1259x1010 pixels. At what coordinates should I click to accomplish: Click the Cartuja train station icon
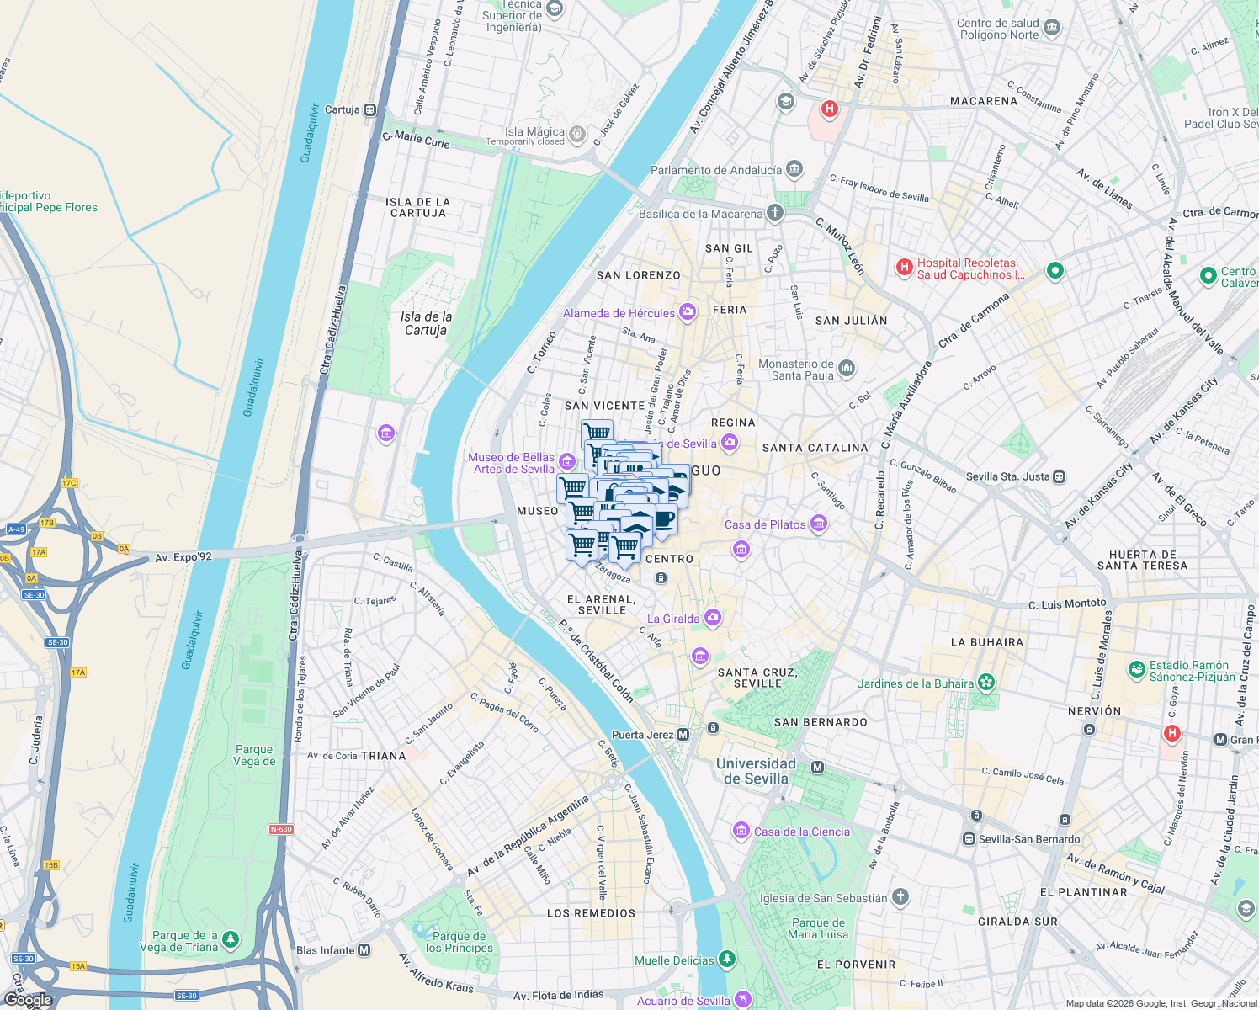(369, 110)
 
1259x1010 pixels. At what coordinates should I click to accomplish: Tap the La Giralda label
(673, 619)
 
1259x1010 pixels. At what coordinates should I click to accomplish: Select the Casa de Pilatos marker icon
(819, 524)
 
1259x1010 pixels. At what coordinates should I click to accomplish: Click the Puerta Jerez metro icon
(683, 735)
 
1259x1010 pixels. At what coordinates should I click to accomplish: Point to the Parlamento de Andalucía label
(716, 170)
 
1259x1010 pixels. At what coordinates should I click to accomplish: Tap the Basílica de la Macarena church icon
(774, 213)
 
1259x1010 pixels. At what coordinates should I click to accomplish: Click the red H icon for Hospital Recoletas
(905, 268)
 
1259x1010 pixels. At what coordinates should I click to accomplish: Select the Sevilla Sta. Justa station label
(1007, 476)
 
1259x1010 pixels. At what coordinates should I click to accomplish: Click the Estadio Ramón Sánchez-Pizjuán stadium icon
(1137, 670)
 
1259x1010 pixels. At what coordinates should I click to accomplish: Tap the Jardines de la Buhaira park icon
(986, 683)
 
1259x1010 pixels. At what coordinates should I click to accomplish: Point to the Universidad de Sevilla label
(755, 770)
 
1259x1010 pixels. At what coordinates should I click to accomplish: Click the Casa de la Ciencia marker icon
(741, 832)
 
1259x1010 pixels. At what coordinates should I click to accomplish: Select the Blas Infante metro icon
(364, 950)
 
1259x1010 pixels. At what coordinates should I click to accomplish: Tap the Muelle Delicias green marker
(727, 960)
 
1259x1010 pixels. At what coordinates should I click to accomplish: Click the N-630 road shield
(281, 829)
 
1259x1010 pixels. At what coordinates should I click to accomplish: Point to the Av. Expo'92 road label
(183, 556)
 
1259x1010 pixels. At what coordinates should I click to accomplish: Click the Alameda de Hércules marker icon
(688, 313)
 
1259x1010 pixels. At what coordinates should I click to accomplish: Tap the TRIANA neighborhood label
(383, 756)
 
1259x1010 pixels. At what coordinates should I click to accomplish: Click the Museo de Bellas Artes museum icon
(566, 461)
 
